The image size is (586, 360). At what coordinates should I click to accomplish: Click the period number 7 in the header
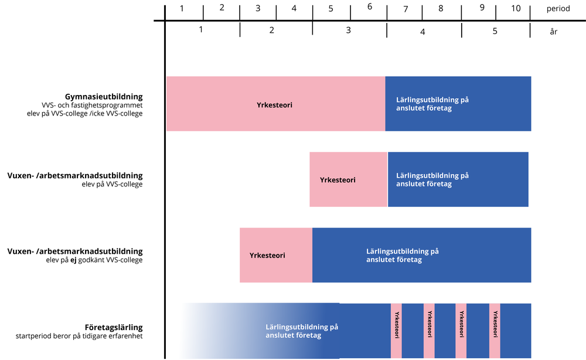coord(406,9)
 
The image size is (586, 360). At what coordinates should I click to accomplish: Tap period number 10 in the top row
coord(516,8)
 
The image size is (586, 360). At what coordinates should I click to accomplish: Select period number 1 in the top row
coord(182,8)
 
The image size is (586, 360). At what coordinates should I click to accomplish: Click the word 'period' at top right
coord(558,9)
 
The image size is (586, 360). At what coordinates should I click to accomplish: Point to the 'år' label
coord(553,32)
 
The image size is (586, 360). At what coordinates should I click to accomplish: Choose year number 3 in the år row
coord(348,29)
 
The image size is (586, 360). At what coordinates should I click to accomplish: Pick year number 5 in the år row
coord(495,31)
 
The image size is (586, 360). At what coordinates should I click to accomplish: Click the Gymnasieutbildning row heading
coord(104,96)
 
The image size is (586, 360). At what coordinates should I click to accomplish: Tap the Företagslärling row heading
coord(114,327)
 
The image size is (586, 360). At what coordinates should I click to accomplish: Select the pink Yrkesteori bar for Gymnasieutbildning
coord(275,104)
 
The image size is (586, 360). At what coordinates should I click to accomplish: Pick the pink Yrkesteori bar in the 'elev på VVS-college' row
coord(348,179)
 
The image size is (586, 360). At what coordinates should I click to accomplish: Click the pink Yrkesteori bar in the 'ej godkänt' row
coord(275,255)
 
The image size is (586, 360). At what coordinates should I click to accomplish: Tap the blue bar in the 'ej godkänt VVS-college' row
coord(421,255)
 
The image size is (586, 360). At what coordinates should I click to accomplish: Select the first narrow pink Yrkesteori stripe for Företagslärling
coord(396,330)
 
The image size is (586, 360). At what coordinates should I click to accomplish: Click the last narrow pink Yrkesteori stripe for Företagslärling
coord(495,330)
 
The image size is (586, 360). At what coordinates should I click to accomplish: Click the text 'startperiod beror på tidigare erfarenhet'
coord(79,336)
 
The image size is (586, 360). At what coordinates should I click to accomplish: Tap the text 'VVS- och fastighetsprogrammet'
coord(92,105)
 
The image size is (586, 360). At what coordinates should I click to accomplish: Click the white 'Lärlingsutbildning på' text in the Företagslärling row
coord(301,327)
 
